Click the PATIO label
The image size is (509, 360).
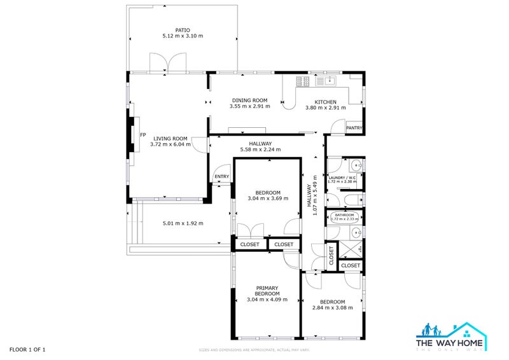(x=183, y=30)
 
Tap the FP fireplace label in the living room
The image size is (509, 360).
(x=143, y=135)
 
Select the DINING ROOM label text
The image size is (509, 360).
(x=249, y=100)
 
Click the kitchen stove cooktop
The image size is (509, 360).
(x=303, y=81)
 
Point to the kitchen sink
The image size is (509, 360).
(x=330, y=81)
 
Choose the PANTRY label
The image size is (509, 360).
(x=354, y=128)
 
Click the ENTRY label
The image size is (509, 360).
(x=221, y=176)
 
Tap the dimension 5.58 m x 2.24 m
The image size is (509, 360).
(x=260, y=150)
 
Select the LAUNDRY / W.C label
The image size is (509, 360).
(x=342, y=177)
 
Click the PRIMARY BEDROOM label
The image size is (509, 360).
(x=267, y=290)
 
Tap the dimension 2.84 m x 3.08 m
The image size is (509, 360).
(x=328, y=308)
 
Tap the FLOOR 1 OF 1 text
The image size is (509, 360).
(x=27, y=349)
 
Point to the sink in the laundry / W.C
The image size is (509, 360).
(x=357, y=166)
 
